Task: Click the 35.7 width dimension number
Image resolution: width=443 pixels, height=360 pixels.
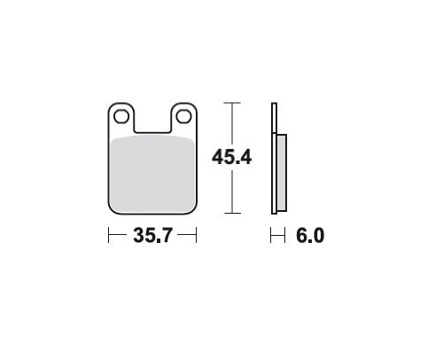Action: pyautogui.click(x=152, y=236)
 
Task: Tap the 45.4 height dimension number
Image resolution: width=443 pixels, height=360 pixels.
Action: pyautogui.click(x=232, y=157)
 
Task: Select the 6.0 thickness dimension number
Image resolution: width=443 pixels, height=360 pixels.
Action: pyautogui.click(x=310, y=236)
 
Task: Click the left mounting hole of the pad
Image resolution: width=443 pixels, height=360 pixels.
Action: pyautogui.click(x=121, y=116)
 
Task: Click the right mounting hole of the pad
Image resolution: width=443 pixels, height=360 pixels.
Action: pyautogui.click(x=183, y=116)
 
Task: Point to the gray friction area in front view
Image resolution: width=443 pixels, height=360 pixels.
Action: pyautogui.click(x=152, y=175)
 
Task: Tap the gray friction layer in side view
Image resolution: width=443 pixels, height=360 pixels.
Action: pyautogui.click(x=282, y=173)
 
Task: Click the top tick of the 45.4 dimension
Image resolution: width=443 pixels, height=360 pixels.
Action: pyautogui.click(x=232, y=103)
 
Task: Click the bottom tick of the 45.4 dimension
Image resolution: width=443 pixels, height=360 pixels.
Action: pyautogui.click(x=232, y=213)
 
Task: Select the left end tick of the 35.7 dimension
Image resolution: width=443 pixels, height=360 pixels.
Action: pyautogui.click(x=109, y=235)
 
